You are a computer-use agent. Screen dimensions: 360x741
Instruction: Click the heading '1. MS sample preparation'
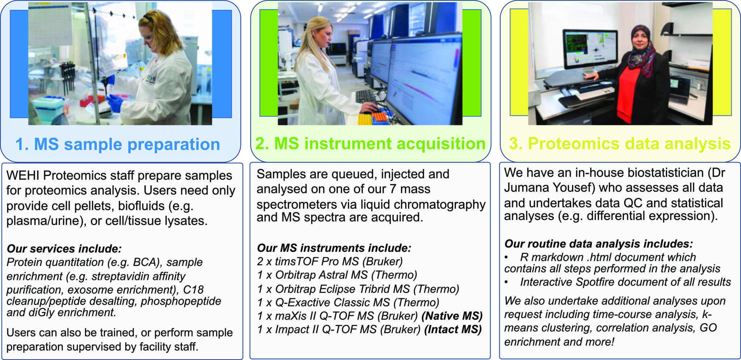click(118, 144)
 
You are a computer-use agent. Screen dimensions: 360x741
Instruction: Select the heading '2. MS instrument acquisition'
click(370, 144)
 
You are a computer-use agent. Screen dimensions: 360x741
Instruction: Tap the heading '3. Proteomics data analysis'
click(620, 144)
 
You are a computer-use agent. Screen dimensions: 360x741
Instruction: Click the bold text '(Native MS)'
click(452, 316)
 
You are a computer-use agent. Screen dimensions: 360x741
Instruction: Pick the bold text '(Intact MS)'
click(453, 330)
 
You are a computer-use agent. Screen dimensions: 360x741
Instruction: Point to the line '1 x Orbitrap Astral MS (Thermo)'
click(337, 275)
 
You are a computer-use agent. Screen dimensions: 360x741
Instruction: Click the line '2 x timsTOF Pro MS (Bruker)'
click(330, 261)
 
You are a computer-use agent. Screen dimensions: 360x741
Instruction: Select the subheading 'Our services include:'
click(64, 249)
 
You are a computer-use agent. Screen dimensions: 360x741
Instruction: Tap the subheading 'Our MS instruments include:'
click(334, 248)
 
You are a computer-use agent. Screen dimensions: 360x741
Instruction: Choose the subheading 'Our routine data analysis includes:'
click(598, 244)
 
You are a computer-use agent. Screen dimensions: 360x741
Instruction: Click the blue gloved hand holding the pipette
click(115, 103)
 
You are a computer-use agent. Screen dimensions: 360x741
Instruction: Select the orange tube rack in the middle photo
click(380, 117)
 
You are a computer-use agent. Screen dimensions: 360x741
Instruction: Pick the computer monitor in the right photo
click(590, 49)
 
